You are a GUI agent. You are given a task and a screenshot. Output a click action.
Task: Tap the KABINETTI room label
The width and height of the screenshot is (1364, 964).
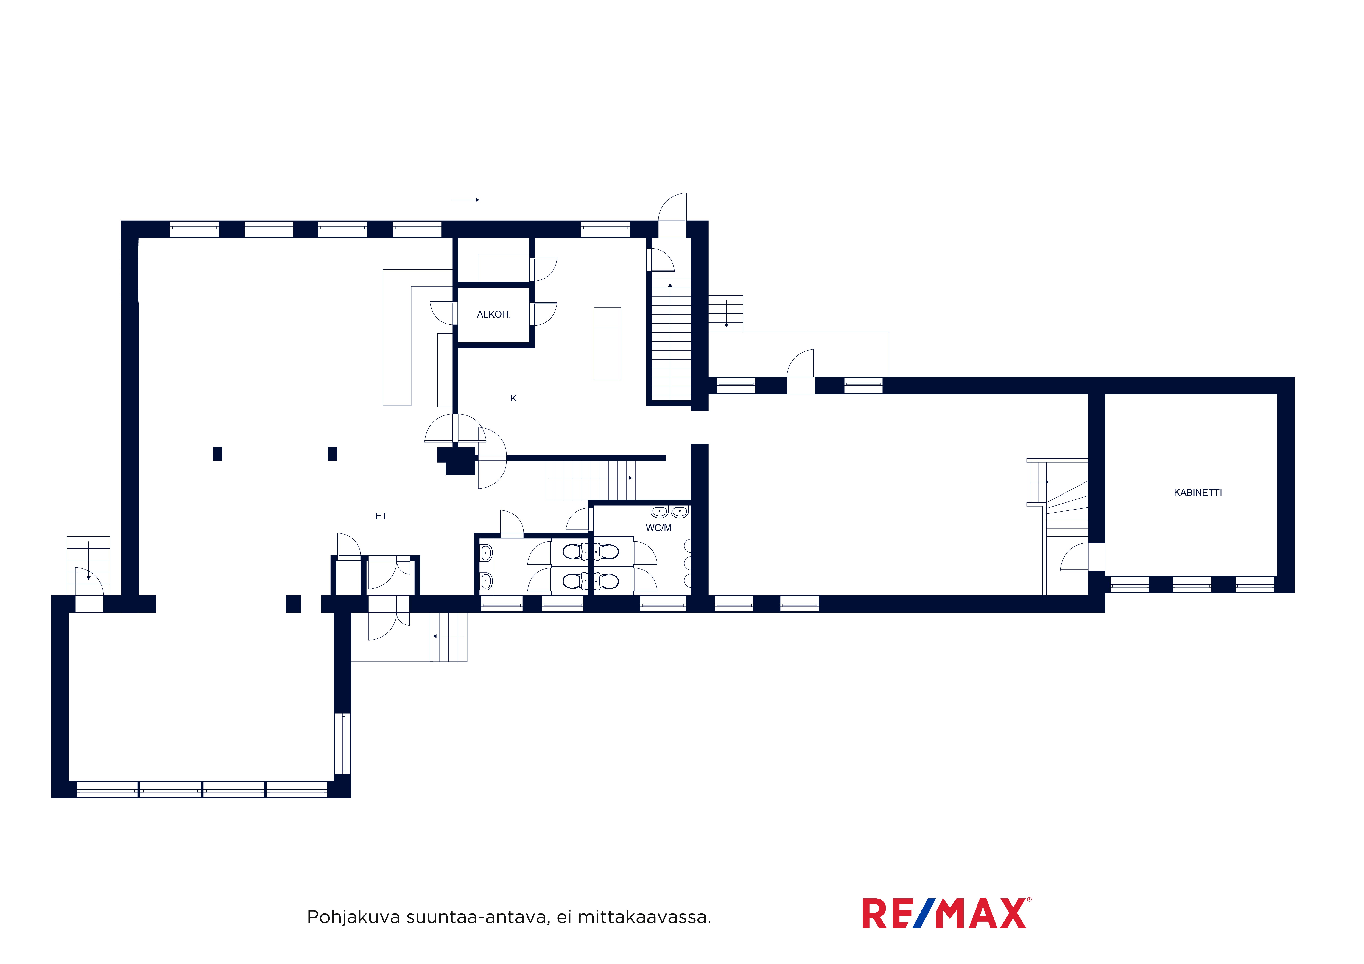[x=1198, y=492]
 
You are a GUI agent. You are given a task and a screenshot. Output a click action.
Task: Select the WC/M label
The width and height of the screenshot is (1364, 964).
[x=658, y=527]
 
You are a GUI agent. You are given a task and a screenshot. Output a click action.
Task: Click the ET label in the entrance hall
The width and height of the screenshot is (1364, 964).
[x=381, y=516]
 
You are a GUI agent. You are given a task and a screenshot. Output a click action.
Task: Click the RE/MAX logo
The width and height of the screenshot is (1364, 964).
[x=947, y=913]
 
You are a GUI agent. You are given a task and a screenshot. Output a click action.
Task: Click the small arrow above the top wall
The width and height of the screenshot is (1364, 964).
[x=465, y=200]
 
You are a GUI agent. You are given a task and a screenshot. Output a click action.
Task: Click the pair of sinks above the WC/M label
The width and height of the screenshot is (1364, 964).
[x=669, y=511]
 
